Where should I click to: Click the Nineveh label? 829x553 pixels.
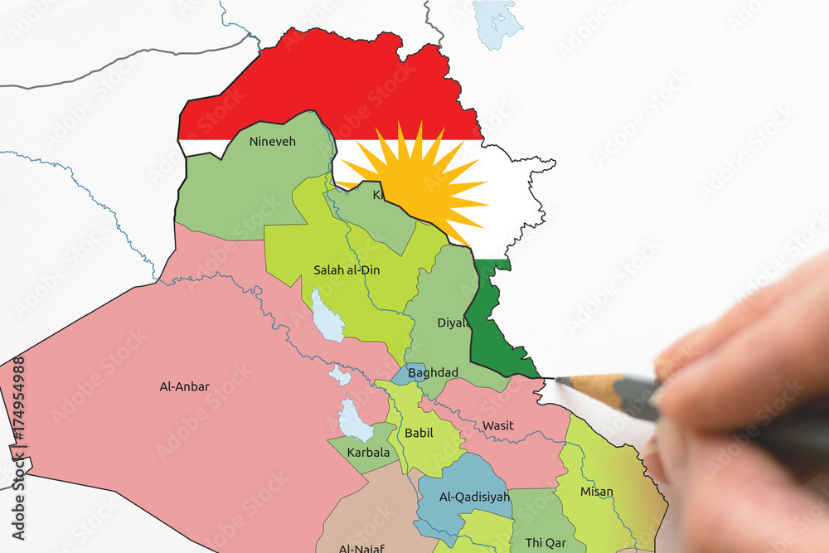point(272,142)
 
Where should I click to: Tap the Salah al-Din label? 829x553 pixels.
point(347,269)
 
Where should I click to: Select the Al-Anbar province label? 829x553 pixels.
point(184,386)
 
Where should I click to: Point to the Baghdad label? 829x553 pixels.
point(433,373)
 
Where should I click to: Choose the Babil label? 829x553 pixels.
point(419,433)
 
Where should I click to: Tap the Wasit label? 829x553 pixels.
point(498,426)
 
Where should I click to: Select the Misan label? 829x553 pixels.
point(597,492)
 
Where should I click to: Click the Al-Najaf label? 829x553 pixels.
point(360,548)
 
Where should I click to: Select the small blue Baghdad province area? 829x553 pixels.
point(406,374)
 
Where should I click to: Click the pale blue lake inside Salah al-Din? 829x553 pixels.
point(327,316)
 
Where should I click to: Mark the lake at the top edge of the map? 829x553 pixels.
point(498,22)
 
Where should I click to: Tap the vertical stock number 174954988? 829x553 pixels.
point(17,410)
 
